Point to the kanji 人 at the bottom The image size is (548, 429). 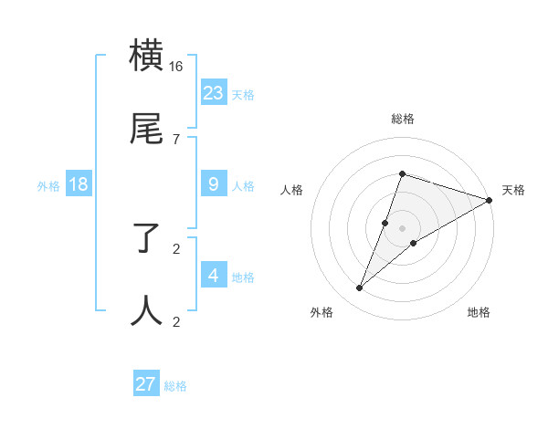pyautogui.click(x=147, y=310)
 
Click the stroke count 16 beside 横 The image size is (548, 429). pyautogui.click(x=176, y=67)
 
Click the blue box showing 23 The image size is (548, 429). pyautogui.click(x=214, y=92)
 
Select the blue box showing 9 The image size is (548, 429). pyautogui.click(x=214, y=184)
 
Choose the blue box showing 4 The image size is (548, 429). pyautogui.click(x=214, y=275)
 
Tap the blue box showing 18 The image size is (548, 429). pyautogui.click(x=79, y=184)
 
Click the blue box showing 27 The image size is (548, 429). pyautogui.click(x=146, y=383)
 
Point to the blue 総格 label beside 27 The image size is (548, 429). pyautogui.click(x=175, y=386)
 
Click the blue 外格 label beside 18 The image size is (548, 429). pyautogui.click(x=48, y=186)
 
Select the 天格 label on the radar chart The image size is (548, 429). pyautogui.click(x=513, y=190)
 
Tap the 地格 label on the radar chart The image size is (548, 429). pyautogui.click(x=479, y=312)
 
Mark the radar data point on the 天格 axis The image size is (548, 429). pyautogui.click(x=489, y=200)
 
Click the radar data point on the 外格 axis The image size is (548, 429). pyautogui.click(x=360, y=288)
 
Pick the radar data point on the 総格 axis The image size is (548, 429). pyautogui.click(x=402, y=173)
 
